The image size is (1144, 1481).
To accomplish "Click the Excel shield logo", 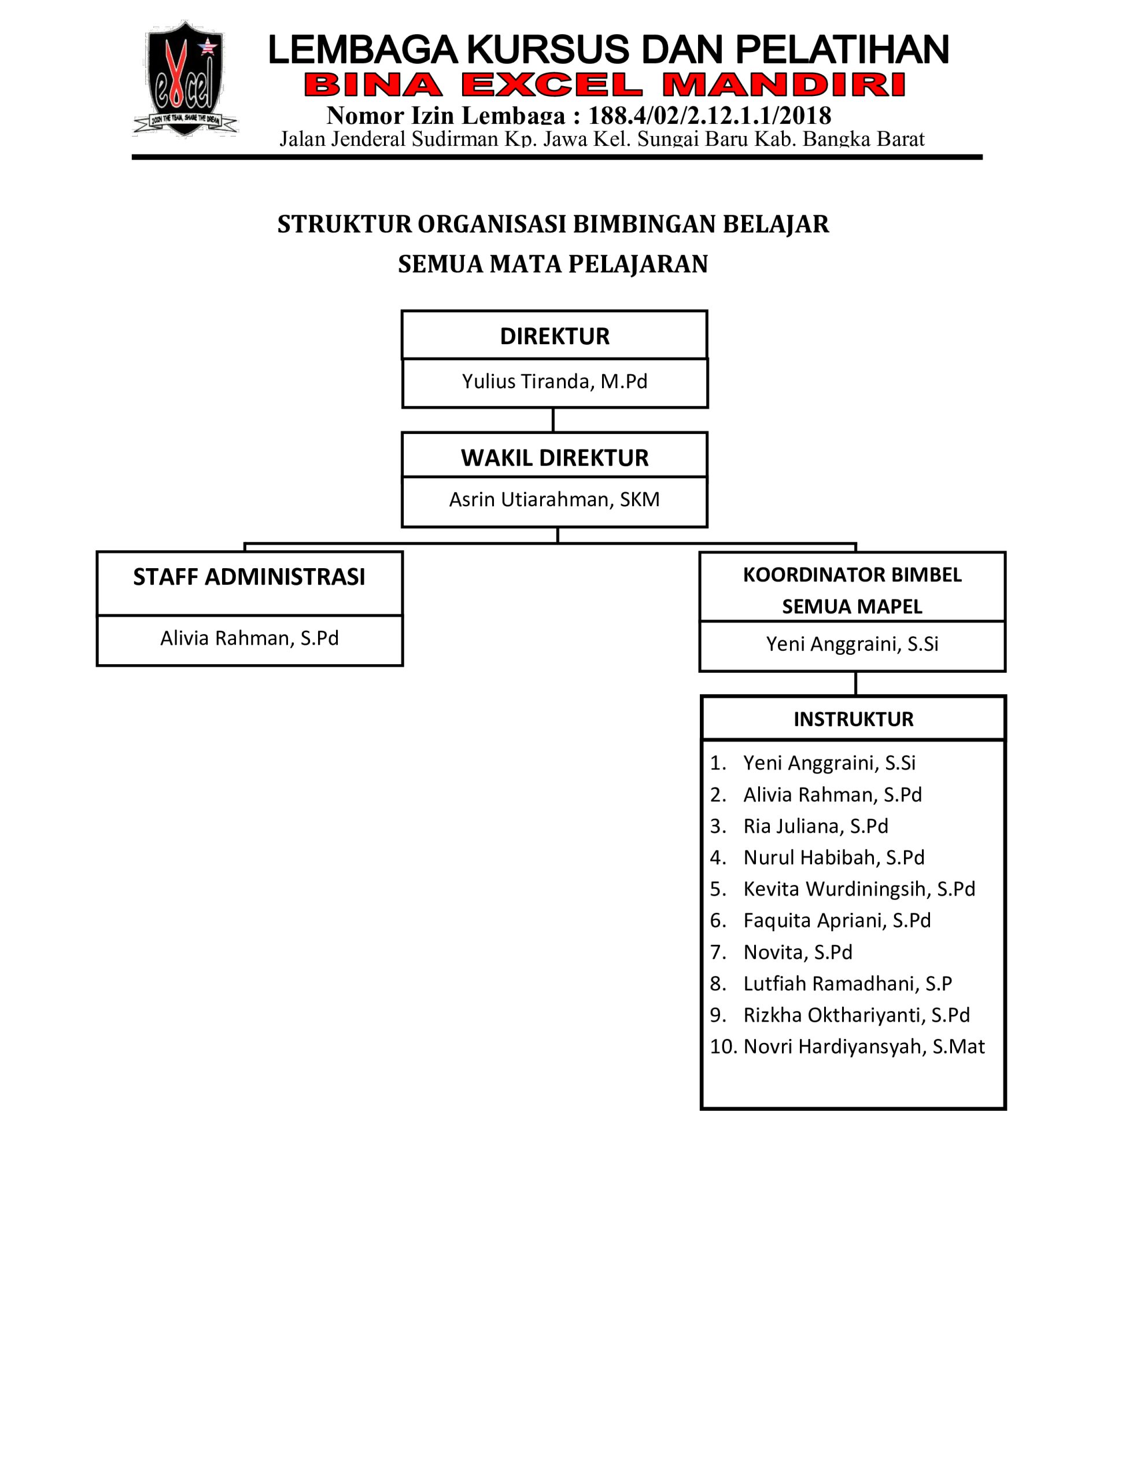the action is click(x=184, y=79).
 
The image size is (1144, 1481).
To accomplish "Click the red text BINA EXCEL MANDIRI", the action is click(x=605, y=86).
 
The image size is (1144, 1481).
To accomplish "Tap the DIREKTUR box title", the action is click(x=555, y=336).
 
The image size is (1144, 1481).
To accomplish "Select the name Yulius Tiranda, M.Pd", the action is click(x=555, y=382).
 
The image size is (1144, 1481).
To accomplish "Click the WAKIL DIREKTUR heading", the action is click(x=555, y=458).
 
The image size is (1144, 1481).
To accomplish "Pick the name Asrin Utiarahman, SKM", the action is click(x=555, y=500).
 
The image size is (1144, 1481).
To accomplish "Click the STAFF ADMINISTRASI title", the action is click(x=249, y=577).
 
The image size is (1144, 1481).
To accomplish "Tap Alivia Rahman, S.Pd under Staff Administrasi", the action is click(x=249, y=638).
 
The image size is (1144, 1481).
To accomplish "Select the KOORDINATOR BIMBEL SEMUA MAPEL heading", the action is click(x=853, y=591).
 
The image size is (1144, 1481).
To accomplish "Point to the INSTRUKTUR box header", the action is click(x=854, y=719).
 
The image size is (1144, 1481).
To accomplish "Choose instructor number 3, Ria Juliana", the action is click(x=816, y=826).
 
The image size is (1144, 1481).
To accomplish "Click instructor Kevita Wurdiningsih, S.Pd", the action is click(x=859, y=889).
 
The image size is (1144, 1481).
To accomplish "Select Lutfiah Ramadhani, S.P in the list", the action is click(x=848, y=983).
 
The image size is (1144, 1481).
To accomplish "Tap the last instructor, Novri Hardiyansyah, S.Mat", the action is click(x=864, y=1047).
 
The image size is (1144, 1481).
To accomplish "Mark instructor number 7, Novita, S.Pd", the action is click(x=798, y=952).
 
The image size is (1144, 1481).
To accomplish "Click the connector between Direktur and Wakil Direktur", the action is click(x=553, y=421).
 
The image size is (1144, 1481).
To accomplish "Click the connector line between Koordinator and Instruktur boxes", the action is click(x=856, y=684).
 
